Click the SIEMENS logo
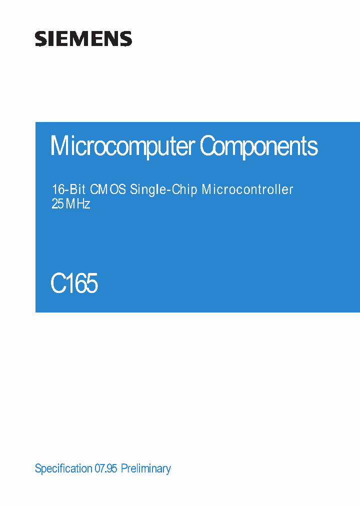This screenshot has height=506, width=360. [83, 39]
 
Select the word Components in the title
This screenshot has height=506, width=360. [259, 146]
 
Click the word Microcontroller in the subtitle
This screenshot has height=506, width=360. [247, 190]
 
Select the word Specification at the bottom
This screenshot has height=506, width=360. [63, 469]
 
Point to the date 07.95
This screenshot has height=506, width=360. [105, 469]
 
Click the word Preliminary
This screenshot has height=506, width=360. [146, 469]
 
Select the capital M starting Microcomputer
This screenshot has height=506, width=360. [58, 146]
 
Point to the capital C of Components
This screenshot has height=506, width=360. [207, 146]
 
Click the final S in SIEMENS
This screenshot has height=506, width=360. [126, 39]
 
